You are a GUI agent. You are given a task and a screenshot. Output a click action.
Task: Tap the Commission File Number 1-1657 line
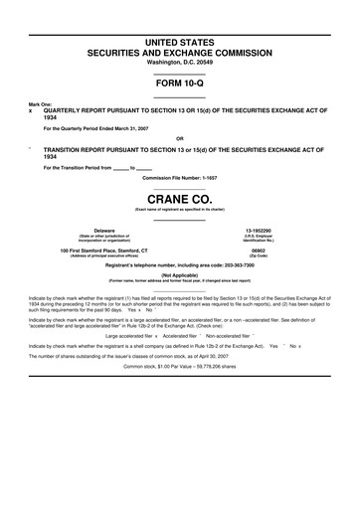(x=179, y=177)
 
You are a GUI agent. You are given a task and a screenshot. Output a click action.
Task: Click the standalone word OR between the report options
(x=179, y=137)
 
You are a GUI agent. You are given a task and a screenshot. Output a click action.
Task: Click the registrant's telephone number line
(x=179, y=265)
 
